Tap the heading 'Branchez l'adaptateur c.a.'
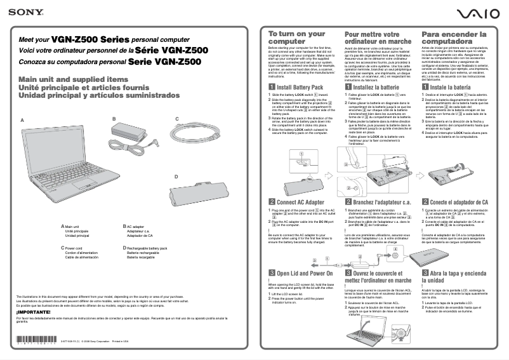pyautogui.click(x=382, y=202)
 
